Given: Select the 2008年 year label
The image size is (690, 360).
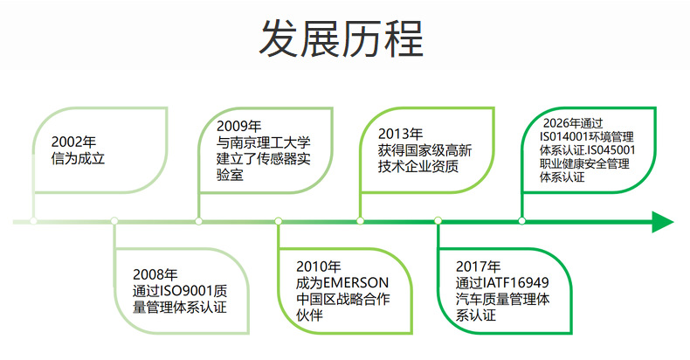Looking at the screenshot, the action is point(155,274).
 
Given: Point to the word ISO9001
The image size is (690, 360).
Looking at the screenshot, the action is point(190,290).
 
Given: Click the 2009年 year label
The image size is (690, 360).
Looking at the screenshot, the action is point(239,126).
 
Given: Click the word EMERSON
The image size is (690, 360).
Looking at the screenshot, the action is point(355,283).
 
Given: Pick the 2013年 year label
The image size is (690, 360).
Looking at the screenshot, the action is point(401,134).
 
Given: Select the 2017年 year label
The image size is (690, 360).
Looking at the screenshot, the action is point(479,267).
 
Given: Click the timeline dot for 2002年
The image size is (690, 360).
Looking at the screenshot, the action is point(34,221).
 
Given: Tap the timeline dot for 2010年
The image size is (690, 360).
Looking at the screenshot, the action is point(278,221).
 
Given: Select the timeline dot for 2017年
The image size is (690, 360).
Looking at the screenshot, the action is point(438,221).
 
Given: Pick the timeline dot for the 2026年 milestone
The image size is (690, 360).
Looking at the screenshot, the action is point(522,221).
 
